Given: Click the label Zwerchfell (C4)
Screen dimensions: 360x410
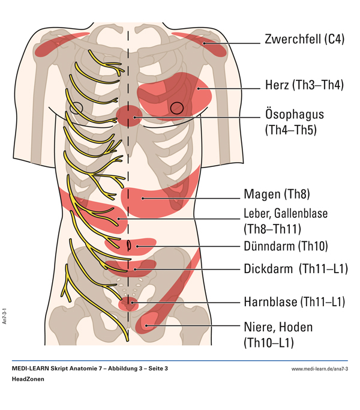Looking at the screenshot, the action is [305, 39].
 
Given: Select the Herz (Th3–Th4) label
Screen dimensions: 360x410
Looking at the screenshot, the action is [304, 85].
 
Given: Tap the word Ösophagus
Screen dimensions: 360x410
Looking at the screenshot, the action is [295, 114].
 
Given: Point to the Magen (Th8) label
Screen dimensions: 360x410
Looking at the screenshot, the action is [277, 194].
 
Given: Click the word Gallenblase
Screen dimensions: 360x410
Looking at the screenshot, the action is [301, 213].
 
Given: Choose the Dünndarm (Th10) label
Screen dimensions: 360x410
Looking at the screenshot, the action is [286, 246].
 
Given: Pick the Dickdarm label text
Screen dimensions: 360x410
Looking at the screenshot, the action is [268, 269].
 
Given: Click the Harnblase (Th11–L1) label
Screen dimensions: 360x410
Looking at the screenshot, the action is [295, 302].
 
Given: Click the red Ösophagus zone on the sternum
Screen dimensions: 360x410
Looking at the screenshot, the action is [129, 116].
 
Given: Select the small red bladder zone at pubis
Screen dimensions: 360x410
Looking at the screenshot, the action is [128, 304].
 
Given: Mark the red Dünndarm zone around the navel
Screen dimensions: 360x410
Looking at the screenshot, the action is [131, 246].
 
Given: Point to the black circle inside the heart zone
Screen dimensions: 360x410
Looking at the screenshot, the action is [177, 108].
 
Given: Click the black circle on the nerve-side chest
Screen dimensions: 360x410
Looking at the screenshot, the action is [76, 107].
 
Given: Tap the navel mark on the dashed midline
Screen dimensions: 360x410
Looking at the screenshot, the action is [128, 245].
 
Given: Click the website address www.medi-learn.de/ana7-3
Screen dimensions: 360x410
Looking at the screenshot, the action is [319, 369].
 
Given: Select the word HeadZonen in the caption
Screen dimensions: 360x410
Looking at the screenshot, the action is [28, 379].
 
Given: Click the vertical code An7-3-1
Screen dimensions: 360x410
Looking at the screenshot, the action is [4, 316].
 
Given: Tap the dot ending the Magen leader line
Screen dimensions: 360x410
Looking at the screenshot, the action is [143, 199].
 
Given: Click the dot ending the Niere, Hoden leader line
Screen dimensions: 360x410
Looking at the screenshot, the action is [146, 325].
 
